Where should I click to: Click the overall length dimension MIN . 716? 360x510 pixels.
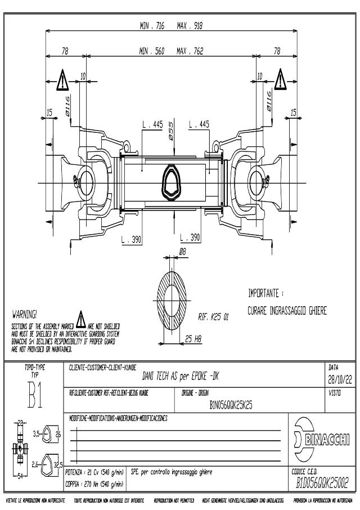pyautogui.click(x=152, y=25)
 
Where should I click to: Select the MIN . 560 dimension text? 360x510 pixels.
pyautogui.click(x=152, y=51)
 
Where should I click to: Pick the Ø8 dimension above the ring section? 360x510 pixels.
pyautogui.click(x=182, y=252)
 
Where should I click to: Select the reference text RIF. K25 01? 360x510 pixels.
pyautogui.click(x=213, y=317)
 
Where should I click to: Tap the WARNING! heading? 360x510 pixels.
pyautogui.click(x=24, y=313)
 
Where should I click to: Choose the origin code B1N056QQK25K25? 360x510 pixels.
pyautogui.click(x=230, y=404)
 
